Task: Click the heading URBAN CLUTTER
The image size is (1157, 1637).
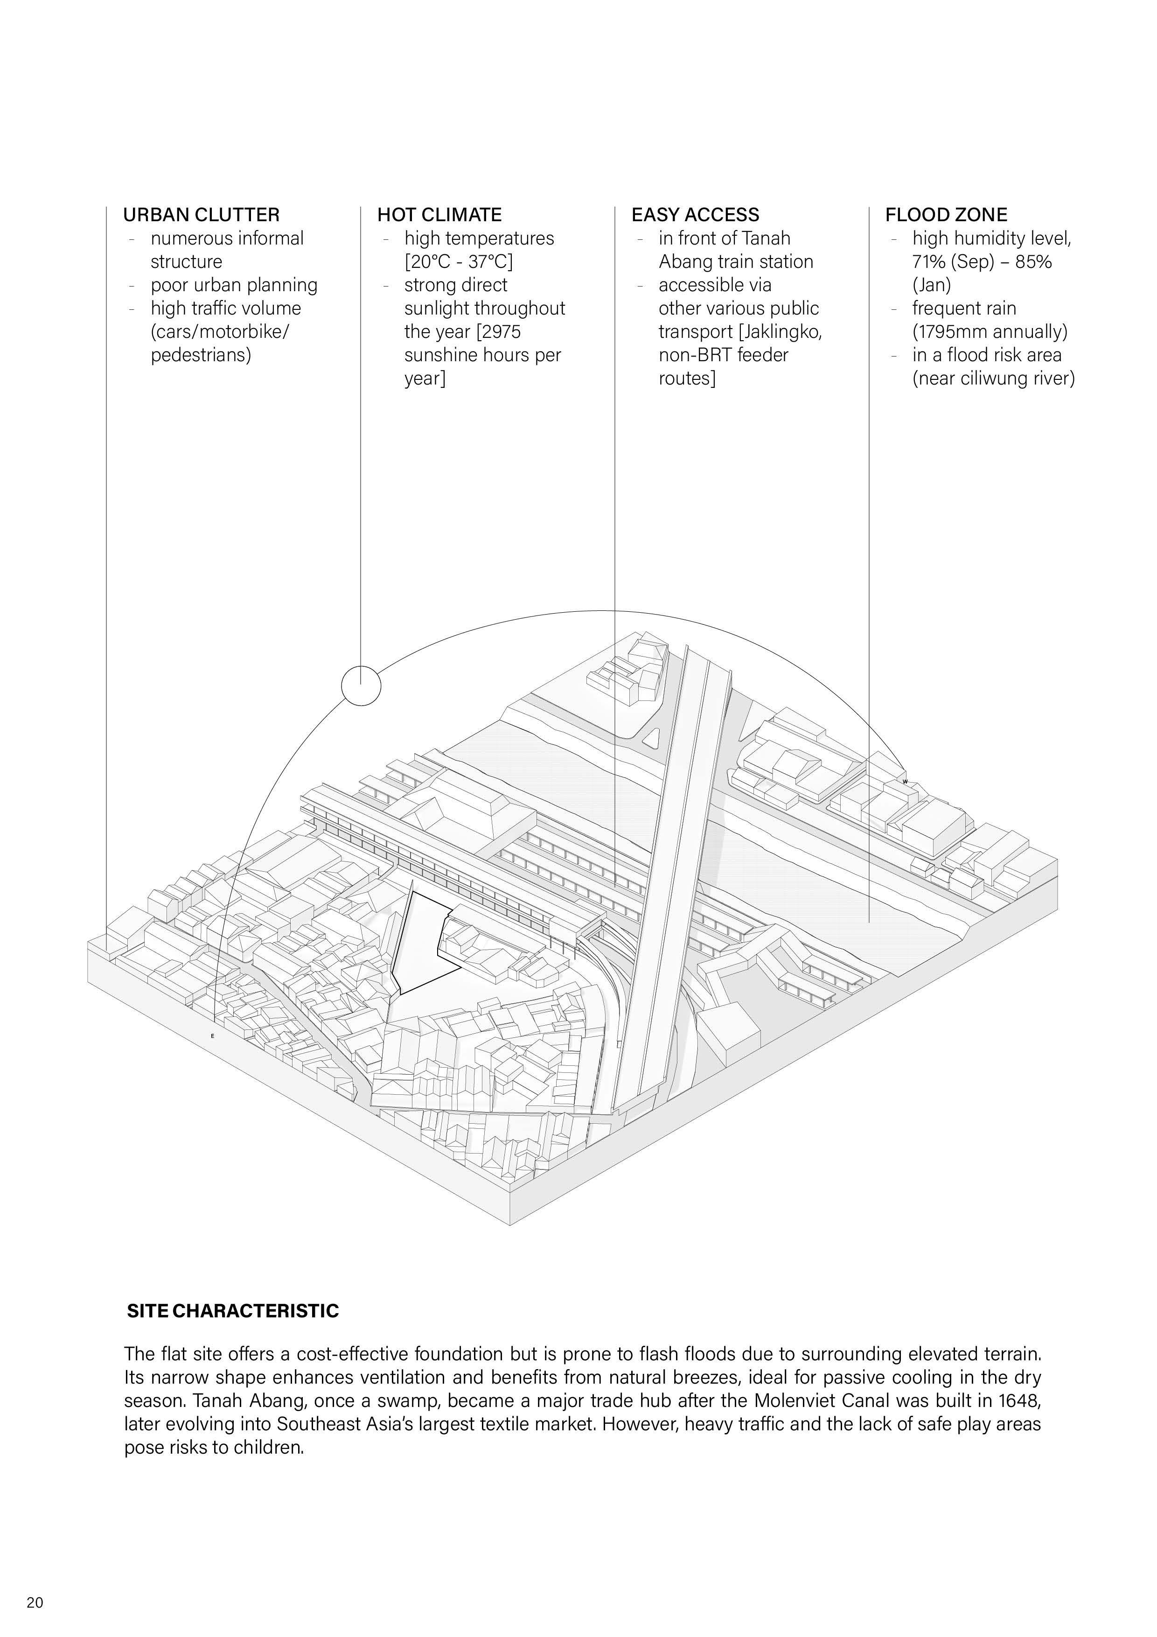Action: pyautogui.click(x=201, y=215)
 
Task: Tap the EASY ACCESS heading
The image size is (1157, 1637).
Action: pyautogui.click(x=695, y=215)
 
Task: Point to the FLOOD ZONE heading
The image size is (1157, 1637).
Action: pyautogui.click(x=946, y=215)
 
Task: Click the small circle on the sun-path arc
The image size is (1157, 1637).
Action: pyautogui.click(x=361, y=685)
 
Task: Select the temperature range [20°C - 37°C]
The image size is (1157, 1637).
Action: pyautogui.click(x=459, y=262)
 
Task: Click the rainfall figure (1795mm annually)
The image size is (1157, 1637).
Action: pyautogui.click(x=990, y=331)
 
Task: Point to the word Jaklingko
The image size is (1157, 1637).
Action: pyautogui.click(x=782, y=331)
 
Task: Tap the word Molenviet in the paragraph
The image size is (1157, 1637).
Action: pyautogui.click(x=791, y=1400)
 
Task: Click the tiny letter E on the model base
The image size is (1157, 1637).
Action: pyautogui.click(x=212, y=1035)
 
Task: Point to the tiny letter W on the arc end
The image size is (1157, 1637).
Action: pyautogui.click(x=905, y=782)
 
